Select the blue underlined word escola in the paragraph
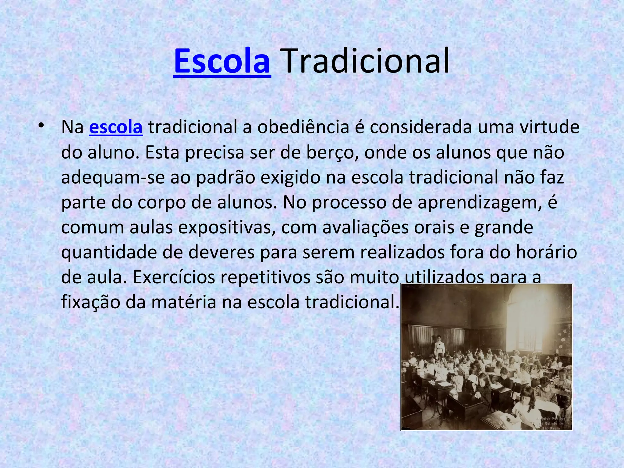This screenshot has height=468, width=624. pos(116,127)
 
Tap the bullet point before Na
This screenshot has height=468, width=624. pos(41,126)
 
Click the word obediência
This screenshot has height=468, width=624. pos(303,127)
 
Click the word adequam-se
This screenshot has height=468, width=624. pos(113,177)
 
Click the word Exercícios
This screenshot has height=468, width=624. pos(174,277)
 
